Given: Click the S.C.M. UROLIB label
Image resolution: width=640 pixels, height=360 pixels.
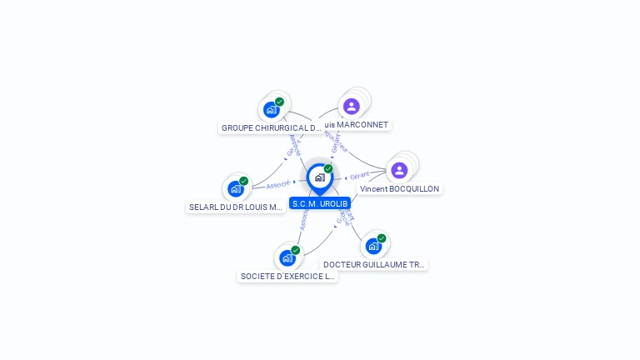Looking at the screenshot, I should pos(320,203).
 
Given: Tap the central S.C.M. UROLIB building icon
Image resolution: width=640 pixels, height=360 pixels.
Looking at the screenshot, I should pos(319,177).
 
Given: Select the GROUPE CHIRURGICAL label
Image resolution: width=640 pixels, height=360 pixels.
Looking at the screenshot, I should pos(271,128).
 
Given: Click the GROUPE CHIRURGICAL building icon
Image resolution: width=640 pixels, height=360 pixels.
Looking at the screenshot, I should pos(271,109).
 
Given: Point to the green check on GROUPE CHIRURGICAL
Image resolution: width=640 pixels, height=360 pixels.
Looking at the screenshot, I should pos(279,102).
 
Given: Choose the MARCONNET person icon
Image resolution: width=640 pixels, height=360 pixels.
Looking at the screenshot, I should pos(351,106).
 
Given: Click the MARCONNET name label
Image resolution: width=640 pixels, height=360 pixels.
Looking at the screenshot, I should pos(360,125).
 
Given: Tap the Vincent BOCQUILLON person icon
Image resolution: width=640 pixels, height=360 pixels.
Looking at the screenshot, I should pos(399,170).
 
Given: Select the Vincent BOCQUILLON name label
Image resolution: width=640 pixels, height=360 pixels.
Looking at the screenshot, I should pos(399,189).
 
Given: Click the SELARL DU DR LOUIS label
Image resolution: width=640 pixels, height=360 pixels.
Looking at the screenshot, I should pos(237,207).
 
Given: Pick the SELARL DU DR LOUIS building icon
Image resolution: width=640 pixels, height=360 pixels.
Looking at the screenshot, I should pos(235,188).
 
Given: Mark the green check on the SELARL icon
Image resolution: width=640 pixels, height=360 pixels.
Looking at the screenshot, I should pos(243,181).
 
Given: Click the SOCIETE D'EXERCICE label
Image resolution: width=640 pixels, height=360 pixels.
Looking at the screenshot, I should pos(287,276).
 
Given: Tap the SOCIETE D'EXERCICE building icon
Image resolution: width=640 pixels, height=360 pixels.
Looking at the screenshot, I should pos(287,257).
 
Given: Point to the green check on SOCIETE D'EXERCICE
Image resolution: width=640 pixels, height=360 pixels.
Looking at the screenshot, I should pos(296,250).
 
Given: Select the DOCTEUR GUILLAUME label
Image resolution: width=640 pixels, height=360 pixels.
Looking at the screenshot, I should pos(374,264).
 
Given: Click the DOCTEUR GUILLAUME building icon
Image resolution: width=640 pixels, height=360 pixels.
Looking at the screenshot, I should pos(373,246).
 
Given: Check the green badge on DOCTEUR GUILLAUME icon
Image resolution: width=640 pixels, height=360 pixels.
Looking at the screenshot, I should pos(382,238).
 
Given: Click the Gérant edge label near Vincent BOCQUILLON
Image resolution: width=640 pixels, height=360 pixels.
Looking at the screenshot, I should pos(360,176).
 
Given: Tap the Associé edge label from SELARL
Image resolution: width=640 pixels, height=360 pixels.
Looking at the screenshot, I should pos(278,184).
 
